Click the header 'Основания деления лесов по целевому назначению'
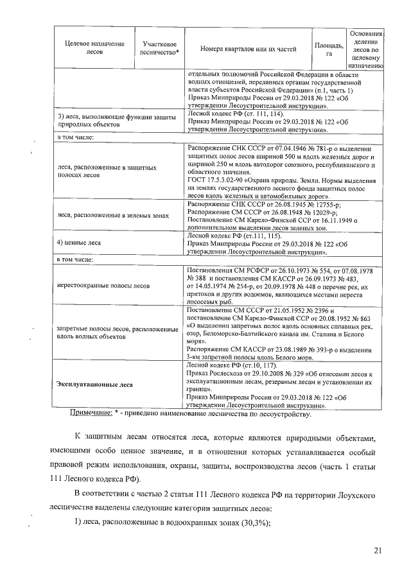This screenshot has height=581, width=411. click(365, 48)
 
